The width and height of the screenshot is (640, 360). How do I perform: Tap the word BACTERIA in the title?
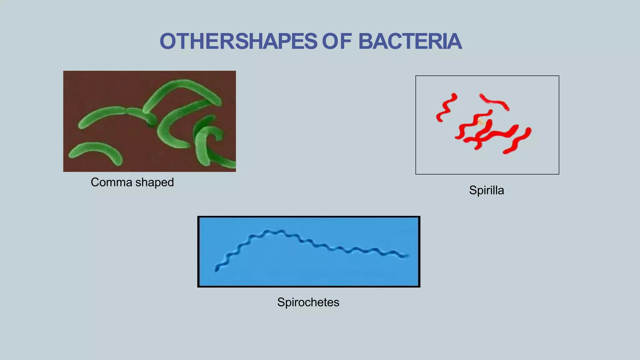[x=410, y=42]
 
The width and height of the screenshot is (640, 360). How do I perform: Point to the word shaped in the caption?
[x=154, y=182]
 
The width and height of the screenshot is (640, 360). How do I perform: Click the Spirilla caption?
[x=486, y=190]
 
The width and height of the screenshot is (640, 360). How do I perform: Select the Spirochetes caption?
[x=308, y=302]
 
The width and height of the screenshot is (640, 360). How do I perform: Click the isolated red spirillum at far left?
[x=446, y=107]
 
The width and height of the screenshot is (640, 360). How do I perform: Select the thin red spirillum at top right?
[x=494, y=102]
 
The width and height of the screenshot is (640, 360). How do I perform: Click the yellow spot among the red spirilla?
[x=481, y=122]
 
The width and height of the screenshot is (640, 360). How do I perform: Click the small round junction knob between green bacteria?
[x=152, y=120]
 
